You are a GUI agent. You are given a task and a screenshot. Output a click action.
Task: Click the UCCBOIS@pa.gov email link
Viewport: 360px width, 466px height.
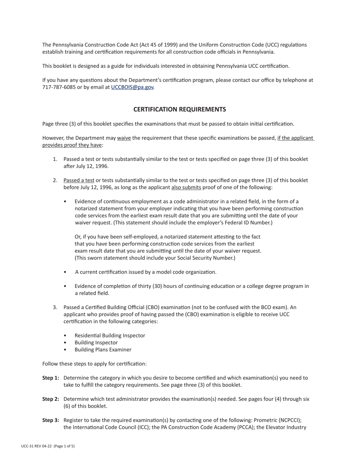click(x=132, y=87)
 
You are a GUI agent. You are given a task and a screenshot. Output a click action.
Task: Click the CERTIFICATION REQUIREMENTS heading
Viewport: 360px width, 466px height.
click(x=180, y=109)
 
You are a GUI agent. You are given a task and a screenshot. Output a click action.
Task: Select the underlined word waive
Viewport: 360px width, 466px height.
click(x=124, y=138)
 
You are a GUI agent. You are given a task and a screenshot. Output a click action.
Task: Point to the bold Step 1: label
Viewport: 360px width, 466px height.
click(x=51, y=378)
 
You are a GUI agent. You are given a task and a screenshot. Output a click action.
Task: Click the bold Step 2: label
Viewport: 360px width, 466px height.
click(x=51, y=399)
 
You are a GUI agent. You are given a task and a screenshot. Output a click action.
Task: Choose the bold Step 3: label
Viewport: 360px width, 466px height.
click(x=51, y=420)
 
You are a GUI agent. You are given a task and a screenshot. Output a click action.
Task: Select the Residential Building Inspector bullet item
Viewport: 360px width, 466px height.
click(x=110, y=335)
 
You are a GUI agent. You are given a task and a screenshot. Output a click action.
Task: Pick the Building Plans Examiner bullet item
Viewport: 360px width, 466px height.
click(x=103, y=350)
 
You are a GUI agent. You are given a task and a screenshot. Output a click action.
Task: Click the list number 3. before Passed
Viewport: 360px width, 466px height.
click(x=55, y=307)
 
